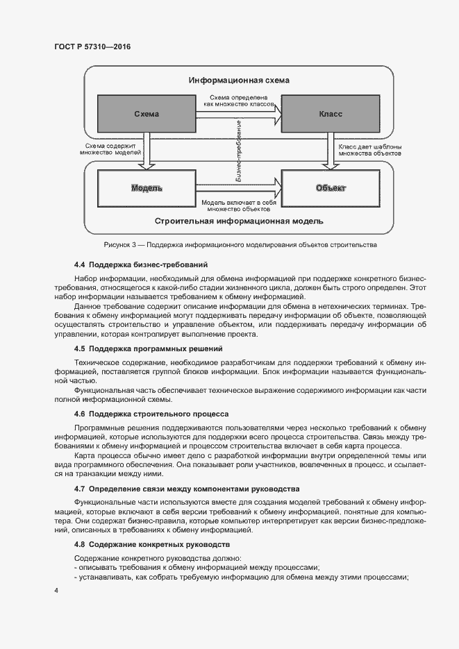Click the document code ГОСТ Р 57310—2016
92,47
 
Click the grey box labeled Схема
146,114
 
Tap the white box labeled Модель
147,188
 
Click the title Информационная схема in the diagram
239,81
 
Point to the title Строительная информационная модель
239,222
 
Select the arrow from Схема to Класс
238,111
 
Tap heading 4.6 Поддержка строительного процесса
152,413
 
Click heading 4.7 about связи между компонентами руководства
186,489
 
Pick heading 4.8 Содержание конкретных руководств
151,544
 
